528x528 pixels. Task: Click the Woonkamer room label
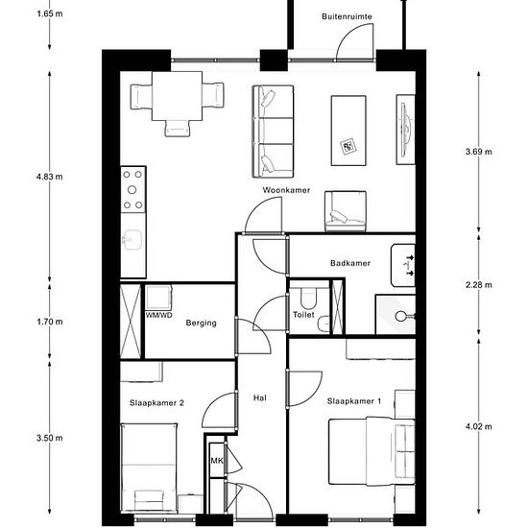(286, 190)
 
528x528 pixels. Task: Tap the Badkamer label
(350, 263)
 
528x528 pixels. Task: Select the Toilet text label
(303, 315)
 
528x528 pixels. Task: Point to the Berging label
(201, 323)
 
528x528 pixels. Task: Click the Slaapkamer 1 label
(354, 401)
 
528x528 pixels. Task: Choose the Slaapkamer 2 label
(156, 403)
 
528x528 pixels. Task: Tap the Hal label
(260, 398)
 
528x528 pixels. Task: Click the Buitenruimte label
(347, 16)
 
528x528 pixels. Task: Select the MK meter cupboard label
(217, 460)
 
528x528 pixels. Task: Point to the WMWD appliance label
(159, 315)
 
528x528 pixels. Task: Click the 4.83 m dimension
(50, 177)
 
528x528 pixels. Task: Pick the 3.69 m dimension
(478, 152)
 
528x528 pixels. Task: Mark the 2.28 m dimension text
(478, 285)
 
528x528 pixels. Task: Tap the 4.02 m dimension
(478, 427)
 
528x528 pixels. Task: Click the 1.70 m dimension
(50, 322)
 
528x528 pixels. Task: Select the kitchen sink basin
(132, 240)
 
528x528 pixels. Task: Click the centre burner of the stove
(132, 190)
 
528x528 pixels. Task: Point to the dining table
(178, 96)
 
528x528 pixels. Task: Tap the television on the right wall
(406, 130)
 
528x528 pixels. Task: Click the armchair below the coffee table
(346, 211)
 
